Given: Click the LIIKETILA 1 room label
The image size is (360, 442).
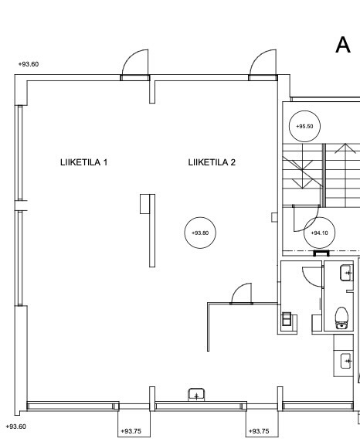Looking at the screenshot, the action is pos(83,162).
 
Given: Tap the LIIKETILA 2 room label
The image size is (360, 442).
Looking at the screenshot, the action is pos(212,162).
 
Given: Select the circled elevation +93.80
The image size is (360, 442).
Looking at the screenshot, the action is pos(200,233).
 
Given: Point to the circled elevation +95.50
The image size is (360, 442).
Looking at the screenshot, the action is pos(304,126).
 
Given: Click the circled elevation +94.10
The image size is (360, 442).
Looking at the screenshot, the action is pos(319,233).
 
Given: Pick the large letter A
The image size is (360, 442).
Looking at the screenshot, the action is pos(343,45).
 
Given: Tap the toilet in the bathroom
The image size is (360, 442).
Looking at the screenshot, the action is pos(341,318).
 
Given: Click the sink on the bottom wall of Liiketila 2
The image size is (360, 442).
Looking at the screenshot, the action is pos(196,394).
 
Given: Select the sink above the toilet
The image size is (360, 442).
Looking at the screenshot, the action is pos(346,273).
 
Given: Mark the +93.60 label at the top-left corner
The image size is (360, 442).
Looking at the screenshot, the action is pos(29,64).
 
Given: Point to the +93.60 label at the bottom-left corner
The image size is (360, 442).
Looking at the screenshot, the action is pos(16,427).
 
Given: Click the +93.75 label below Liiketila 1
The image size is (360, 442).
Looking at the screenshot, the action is pos(131,431).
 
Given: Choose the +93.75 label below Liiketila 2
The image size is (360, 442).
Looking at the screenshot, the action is pos(259,431).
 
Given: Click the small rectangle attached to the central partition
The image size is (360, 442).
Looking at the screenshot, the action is pos(144,204).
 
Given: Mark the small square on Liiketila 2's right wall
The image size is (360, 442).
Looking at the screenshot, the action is pos(274,217).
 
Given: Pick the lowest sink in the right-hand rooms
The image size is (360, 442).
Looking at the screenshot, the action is pos(347,361).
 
